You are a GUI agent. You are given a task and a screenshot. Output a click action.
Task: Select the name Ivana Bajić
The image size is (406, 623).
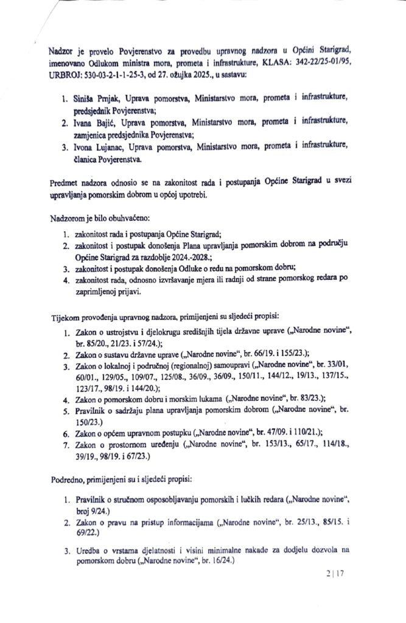coord(96,124)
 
